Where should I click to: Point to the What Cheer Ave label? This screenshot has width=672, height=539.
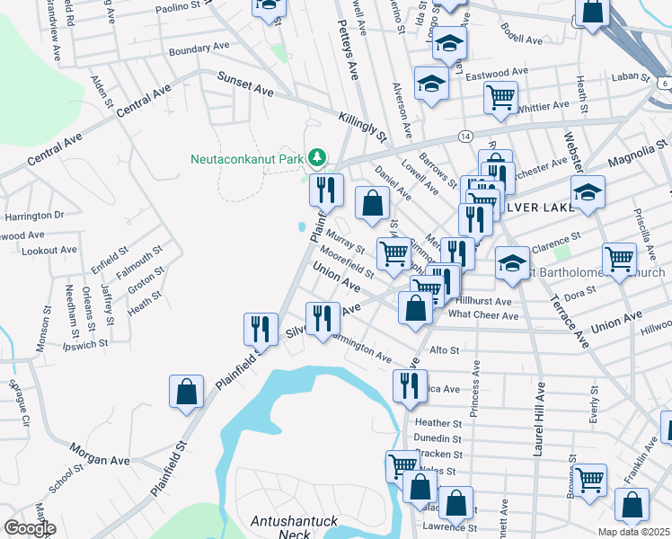[x=483, y=315]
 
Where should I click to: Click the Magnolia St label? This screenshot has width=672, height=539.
[x=639, y=145]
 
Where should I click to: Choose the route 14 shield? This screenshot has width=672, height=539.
[x=464, y=136]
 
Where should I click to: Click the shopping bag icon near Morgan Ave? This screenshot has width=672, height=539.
[x=185, y=392]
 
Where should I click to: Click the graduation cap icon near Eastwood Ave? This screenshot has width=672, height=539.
[x=431, y=84]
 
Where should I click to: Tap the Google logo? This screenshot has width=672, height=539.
[x=30, y=528]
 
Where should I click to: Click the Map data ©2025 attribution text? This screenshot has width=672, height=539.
[x=634, y=532]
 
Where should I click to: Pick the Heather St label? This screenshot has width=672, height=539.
[x=438, y=422]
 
